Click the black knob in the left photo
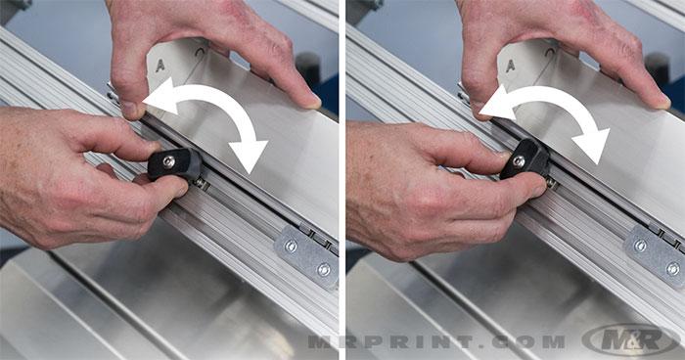(x=174, y=163)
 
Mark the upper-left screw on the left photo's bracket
(x=291, y=245)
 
